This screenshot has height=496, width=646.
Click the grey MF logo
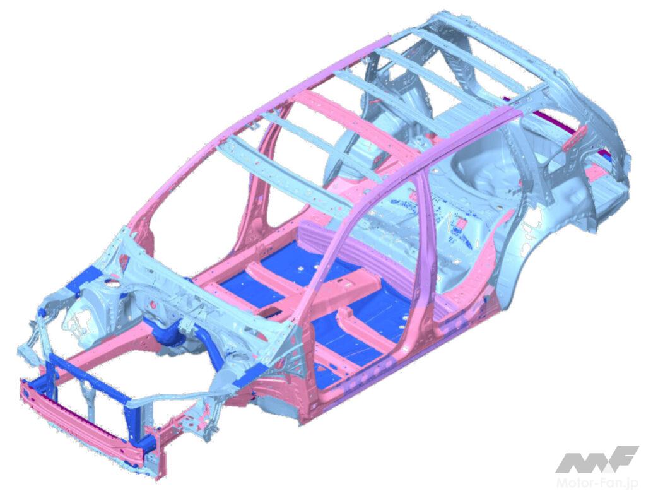[597, 459]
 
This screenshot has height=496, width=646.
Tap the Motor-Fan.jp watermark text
[597, 482]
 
